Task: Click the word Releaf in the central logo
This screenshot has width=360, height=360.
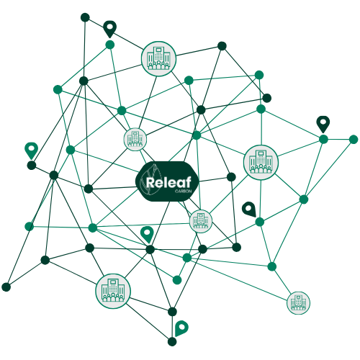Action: tap(168, 182)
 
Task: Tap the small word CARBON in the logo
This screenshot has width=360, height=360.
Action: tap(183, 192)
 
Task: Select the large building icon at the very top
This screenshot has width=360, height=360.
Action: tap(158, 58)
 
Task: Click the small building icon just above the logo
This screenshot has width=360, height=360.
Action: tap(135, 140)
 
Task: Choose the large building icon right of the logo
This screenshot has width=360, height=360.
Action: tap(261, 163)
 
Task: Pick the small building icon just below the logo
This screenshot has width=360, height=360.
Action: tap(201, 221)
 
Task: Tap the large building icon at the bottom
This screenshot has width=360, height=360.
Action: tap(113, 291)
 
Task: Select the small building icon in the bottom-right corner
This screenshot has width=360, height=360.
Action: tap(298, 303)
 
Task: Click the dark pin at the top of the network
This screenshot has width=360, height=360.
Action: tap(110, 29)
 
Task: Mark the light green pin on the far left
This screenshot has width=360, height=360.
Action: tap(31, 150)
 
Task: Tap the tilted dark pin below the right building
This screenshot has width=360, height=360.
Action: tap(249, 209)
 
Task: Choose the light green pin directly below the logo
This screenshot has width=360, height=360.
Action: tap(147, 234)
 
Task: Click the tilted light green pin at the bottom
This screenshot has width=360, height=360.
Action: tap(181, 328)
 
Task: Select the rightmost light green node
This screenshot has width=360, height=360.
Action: tap(354, 139)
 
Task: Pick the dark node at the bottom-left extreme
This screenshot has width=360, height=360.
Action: tap(6, 287)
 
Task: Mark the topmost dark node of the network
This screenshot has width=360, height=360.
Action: tap(85, 17)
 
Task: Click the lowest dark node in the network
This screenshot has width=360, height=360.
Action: tap(172, 341)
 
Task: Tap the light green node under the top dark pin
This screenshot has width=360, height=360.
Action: tap(110, 45)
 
